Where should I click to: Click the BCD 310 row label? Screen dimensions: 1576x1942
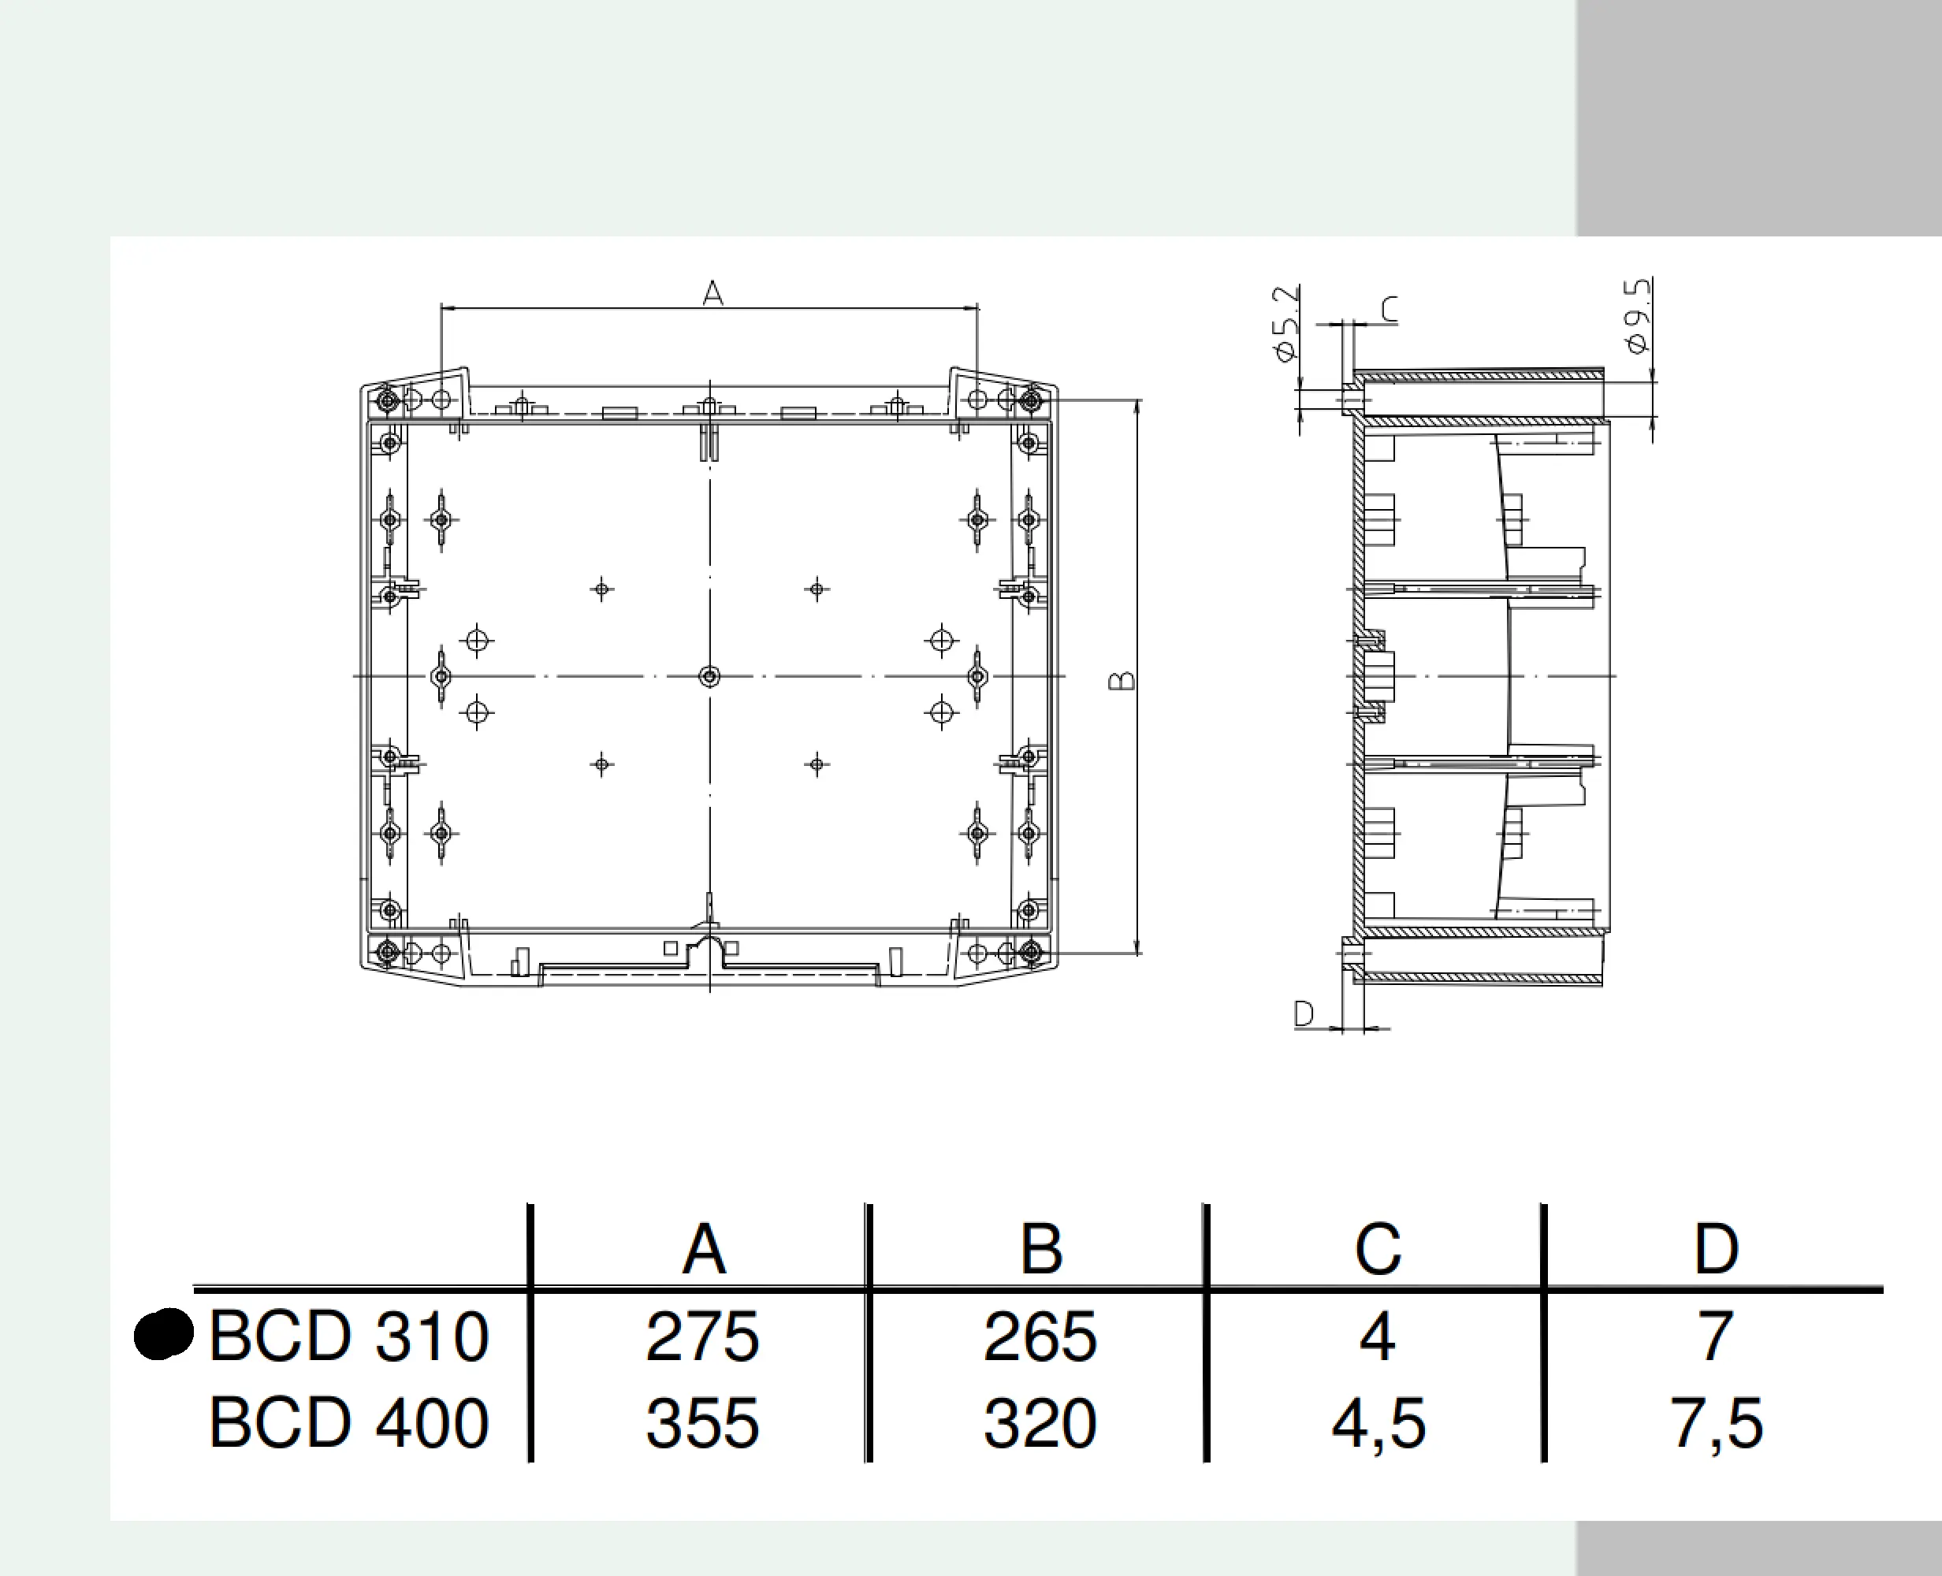click(348, 1336)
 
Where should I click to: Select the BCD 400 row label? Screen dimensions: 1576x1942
click(348, 1422)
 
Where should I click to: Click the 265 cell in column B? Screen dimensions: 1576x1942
click(1040, 1336)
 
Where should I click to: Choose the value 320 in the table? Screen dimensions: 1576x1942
click(1040, 1422)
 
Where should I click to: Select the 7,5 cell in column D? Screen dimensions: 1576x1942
click(1716, 1422)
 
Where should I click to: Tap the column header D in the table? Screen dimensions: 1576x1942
click(1716, 1249)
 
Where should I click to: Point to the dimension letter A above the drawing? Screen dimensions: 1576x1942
click(712, 293)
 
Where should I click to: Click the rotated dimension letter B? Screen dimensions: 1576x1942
click(1122, 680)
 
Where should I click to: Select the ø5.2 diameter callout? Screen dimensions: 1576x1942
click(1285, 324)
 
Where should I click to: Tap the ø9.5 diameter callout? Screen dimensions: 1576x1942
click(1638, 316)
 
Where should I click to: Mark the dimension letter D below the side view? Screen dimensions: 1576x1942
click(1304, 1013)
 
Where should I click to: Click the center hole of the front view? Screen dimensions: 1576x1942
click(710, 676)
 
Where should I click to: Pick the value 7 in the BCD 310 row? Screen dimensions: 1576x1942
click(1716, 1336)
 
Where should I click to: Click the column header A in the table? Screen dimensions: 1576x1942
click(704, 1249)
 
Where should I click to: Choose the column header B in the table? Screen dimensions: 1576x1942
click(1040, 1249)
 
